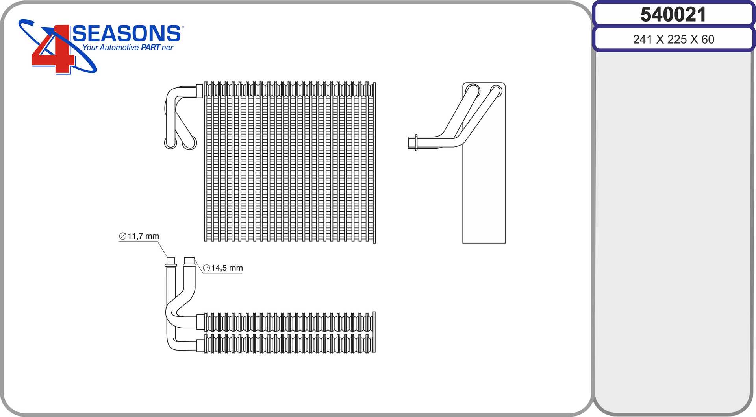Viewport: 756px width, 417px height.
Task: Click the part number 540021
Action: pos(673,15)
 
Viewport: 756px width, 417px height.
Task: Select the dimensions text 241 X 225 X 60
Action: pos(673,39)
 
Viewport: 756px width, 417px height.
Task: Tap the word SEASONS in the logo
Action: pos(127,33)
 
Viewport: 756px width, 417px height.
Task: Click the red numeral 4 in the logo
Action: pos(53,49)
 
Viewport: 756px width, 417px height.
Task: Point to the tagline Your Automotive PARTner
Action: pos(128,48)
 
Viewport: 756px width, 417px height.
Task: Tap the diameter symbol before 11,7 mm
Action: pos(122,236)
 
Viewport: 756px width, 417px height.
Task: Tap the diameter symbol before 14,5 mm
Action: pos(206,268)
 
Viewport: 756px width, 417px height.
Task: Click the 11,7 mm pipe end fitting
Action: pos(171,262)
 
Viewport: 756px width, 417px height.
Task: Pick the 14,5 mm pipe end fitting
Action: pos(189,262)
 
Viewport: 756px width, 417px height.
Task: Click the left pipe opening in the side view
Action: pos(473,91)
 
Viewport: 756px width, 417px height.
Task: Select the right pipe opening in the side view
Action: pos(496,92)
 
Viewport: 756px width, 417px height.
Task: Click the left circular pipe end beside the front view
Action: pos(170,142)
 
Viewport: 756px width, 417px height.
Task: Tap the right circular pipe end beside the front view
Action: pos(189,143)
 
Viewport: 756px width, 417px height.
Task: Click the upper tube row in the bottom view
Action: pos(289,322)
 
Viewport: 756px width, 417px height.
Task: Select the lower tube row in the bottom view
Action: pos(289,343)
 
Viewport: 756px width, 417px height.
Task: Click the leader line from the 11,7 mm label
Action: pos(163,249)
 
